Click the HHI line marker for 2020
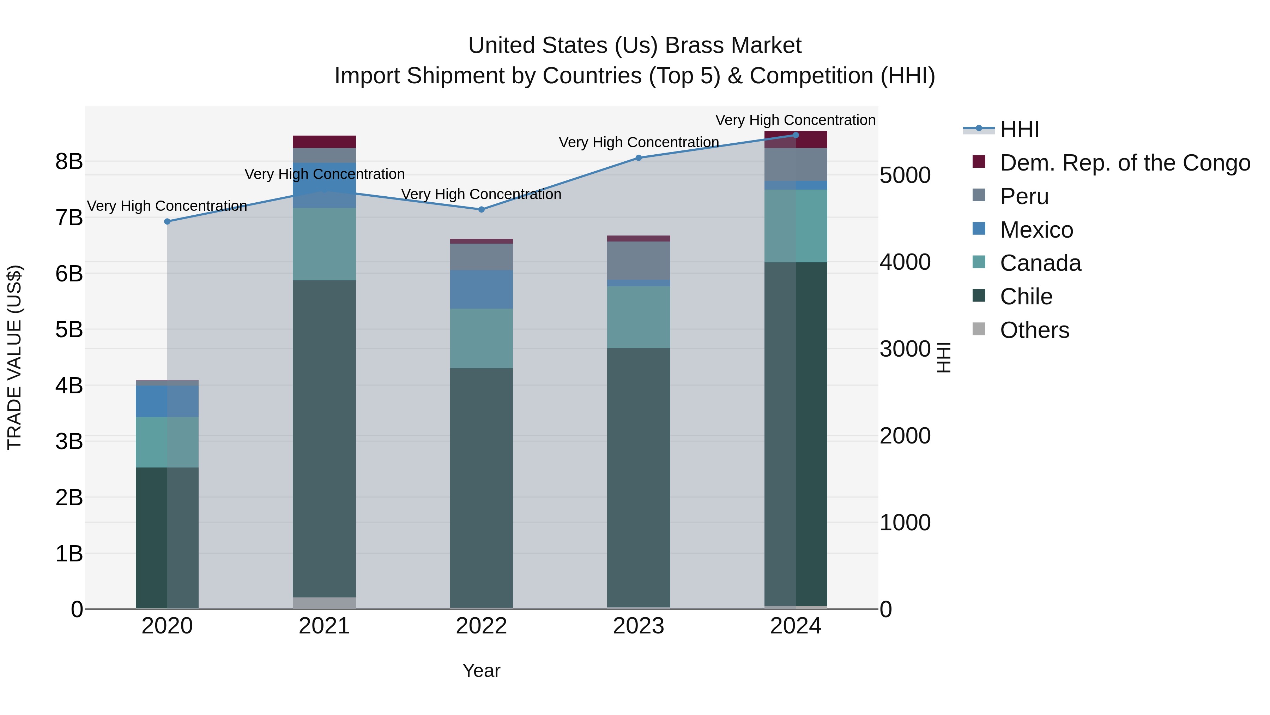click(167, 221)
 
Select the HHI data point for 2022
click(482, 210)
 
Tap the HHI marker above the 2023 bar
click(639, 158)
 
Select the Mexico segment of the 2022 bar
click(482, 289)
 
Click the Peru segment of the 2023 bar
click(639, 261)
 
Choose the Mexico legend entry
click(1036, 230)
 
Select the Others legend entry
click(1034, 330)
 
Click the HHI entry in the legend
click(1020, 129)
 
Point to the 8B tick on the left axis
click(69, 161)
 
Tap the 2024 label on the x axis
click(795, 626)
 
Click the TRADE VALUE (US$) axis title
click(15, 357)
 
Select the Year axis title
click(481, 671)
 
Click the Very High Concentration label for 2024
click(795, 120)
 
